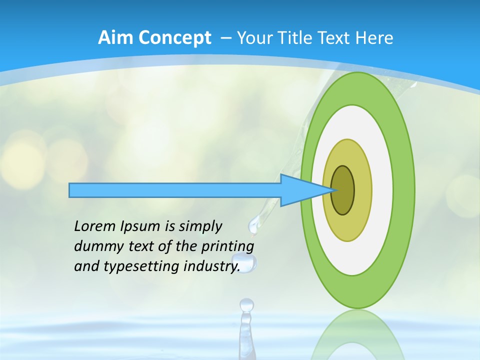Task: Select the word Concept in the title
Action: [x=175, y=38]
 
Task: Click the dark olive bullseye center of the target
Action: [x=343, y=190]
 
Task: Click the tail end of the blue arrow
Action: [x=70, y=190]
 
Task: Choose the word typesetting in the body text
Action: [x=142, y=266]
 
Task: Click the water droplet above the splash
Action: [x=246, y=304]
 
